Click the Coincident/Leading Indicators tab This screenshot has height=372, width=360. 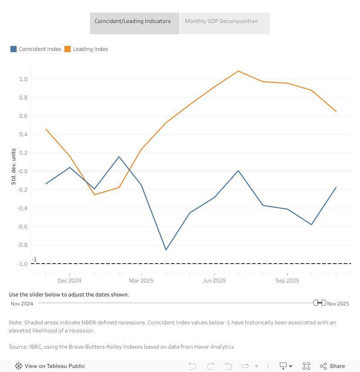132,21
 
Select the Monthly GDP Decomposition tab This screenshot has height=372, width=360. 221,21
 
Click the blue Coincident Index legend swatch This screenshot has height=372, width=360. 13,49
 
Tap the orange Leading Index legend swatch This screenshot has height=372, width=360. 67,49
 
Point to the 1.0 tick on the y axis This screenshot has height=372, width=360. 23,79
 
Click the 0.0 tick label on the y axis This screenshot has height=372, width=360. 23,171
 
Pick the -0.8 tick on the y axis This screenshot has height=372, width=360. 22,245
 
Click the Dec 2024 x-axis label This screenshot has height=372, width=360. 69,281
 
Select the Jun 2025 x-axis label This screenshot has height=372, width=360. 214,281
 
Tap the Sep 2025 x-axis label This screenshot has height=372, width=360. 287,281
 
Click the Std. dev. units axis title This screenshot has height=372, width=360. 13,166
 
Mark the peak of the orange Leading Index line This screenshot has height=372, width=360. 238,71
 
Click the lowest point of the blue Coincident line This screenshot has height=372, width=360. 166,250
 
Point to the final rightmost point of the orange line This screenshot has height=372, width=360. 336,112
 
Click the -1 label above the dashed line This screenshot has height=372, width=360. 34,260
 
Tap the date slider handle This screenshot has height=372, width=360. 319,303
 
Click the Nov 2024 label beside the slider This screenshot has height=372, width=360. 22,304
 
